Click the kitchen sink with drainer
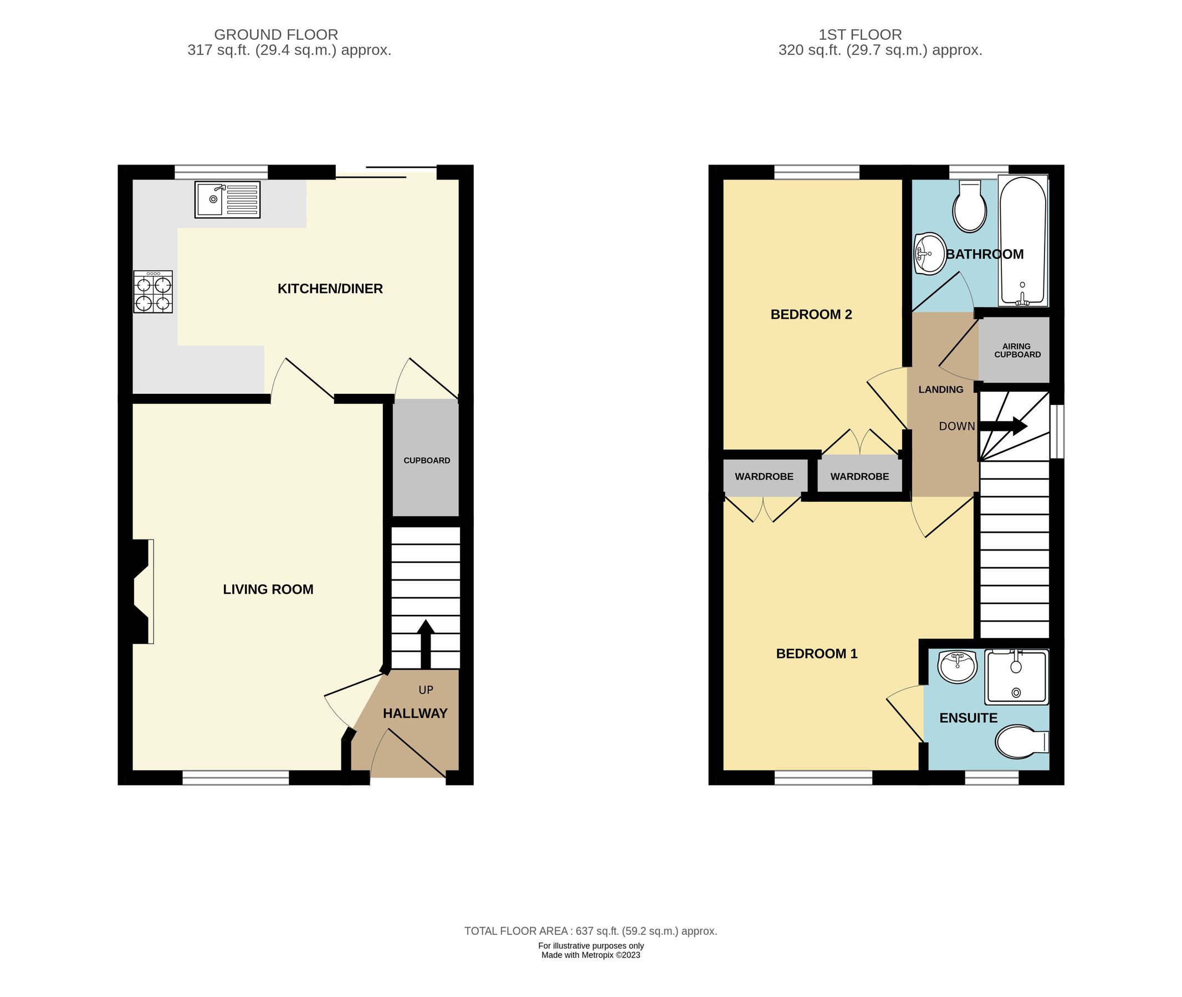[x=227, y=199]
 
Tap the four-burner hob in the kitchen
[x=153, y=292]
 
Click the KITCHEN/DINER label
[x=330, y=289]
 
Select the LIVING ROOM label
[x=268, y=589]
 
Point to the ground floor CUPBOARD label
[x=427, y=461]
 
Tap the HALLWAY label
[x=415, y=713]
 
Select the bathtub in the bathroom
[x=1022, y=241]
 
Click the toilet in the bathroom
[x=969, y=207]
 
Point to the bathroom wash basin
[x=929, y=254]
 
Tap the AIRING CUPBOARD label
[x=1017, y=351]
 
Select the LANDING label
[x=940, y=389]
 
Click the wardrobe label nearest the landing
[x=859, y=476]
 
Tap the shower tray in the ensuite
[x=1016, y=676]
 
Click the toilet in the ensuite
[x=1020, y=742]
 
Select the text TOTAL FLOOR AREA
[x=516, y=931]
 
